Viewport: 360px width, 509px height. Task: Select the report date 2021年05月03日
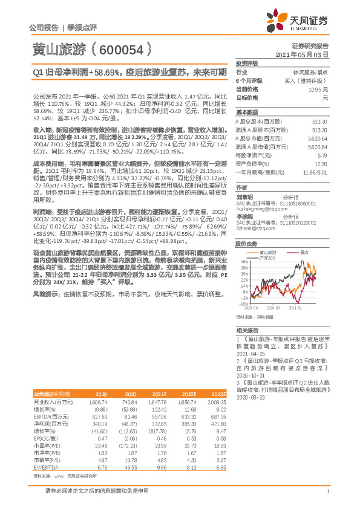point(306,54)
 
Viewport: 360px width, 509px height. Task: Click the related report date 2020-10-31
point(251,374)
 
